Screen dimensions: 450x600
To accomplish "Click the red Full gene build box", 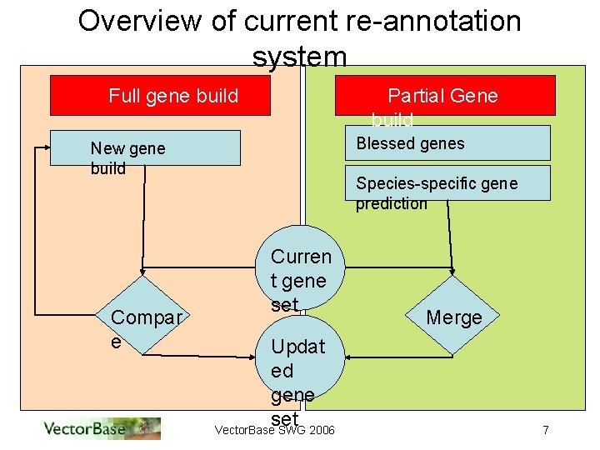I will [x=160, y=95].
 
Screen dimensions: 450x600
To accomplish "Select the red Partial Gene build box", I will [x=444, y=95].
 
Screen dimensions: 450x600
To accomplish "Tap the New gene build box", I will [x=145, y=147].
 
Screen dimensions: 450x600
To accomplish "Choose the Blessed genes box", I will [x=448, y=142].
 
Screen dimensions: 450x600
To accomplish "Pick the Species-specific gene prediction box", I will [x=448, y=182].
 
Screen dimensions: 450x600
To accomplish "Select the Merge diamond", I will [x=453, y=317].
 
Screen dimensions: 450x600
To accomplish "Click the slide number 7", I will [x=545, y=430].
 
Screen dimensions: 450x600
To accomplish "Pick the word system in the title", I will [x=299, y=57].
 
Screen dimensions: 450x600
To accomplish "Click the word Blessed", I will [x=382, y=142].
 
